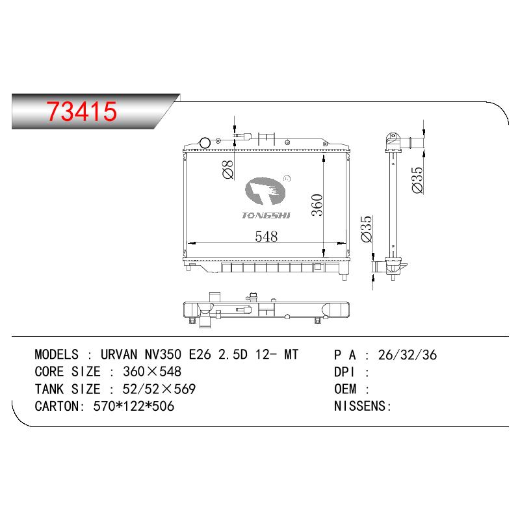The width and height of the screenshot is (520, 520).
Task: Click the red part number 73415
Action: tap(82, 111)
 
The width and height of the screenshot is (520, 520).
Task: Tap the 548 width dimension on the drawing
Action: tap(266, 237)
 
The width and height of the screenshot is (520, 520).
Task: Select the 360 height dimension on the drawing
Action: tap(317, 205)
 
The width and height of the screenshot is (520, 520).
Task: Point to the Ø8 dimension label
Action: tap(228, 169)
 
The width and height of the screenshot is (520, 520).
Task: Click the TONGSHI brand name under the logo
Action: tap(266, 216)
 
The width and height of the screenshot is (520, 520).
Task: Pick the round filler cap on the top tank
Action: tap(205, 143)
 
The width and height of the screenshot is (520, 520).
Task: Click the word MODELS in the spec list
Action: tap(57, 354)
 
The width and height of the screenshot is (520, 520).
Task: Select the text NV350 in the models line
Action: tap(163, 354)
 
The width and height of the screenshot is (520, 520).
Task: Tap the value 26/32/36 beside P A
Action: tap(408, 355)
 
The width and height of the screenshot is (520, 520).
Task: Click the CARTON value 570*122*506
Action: tap(133, 406)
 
